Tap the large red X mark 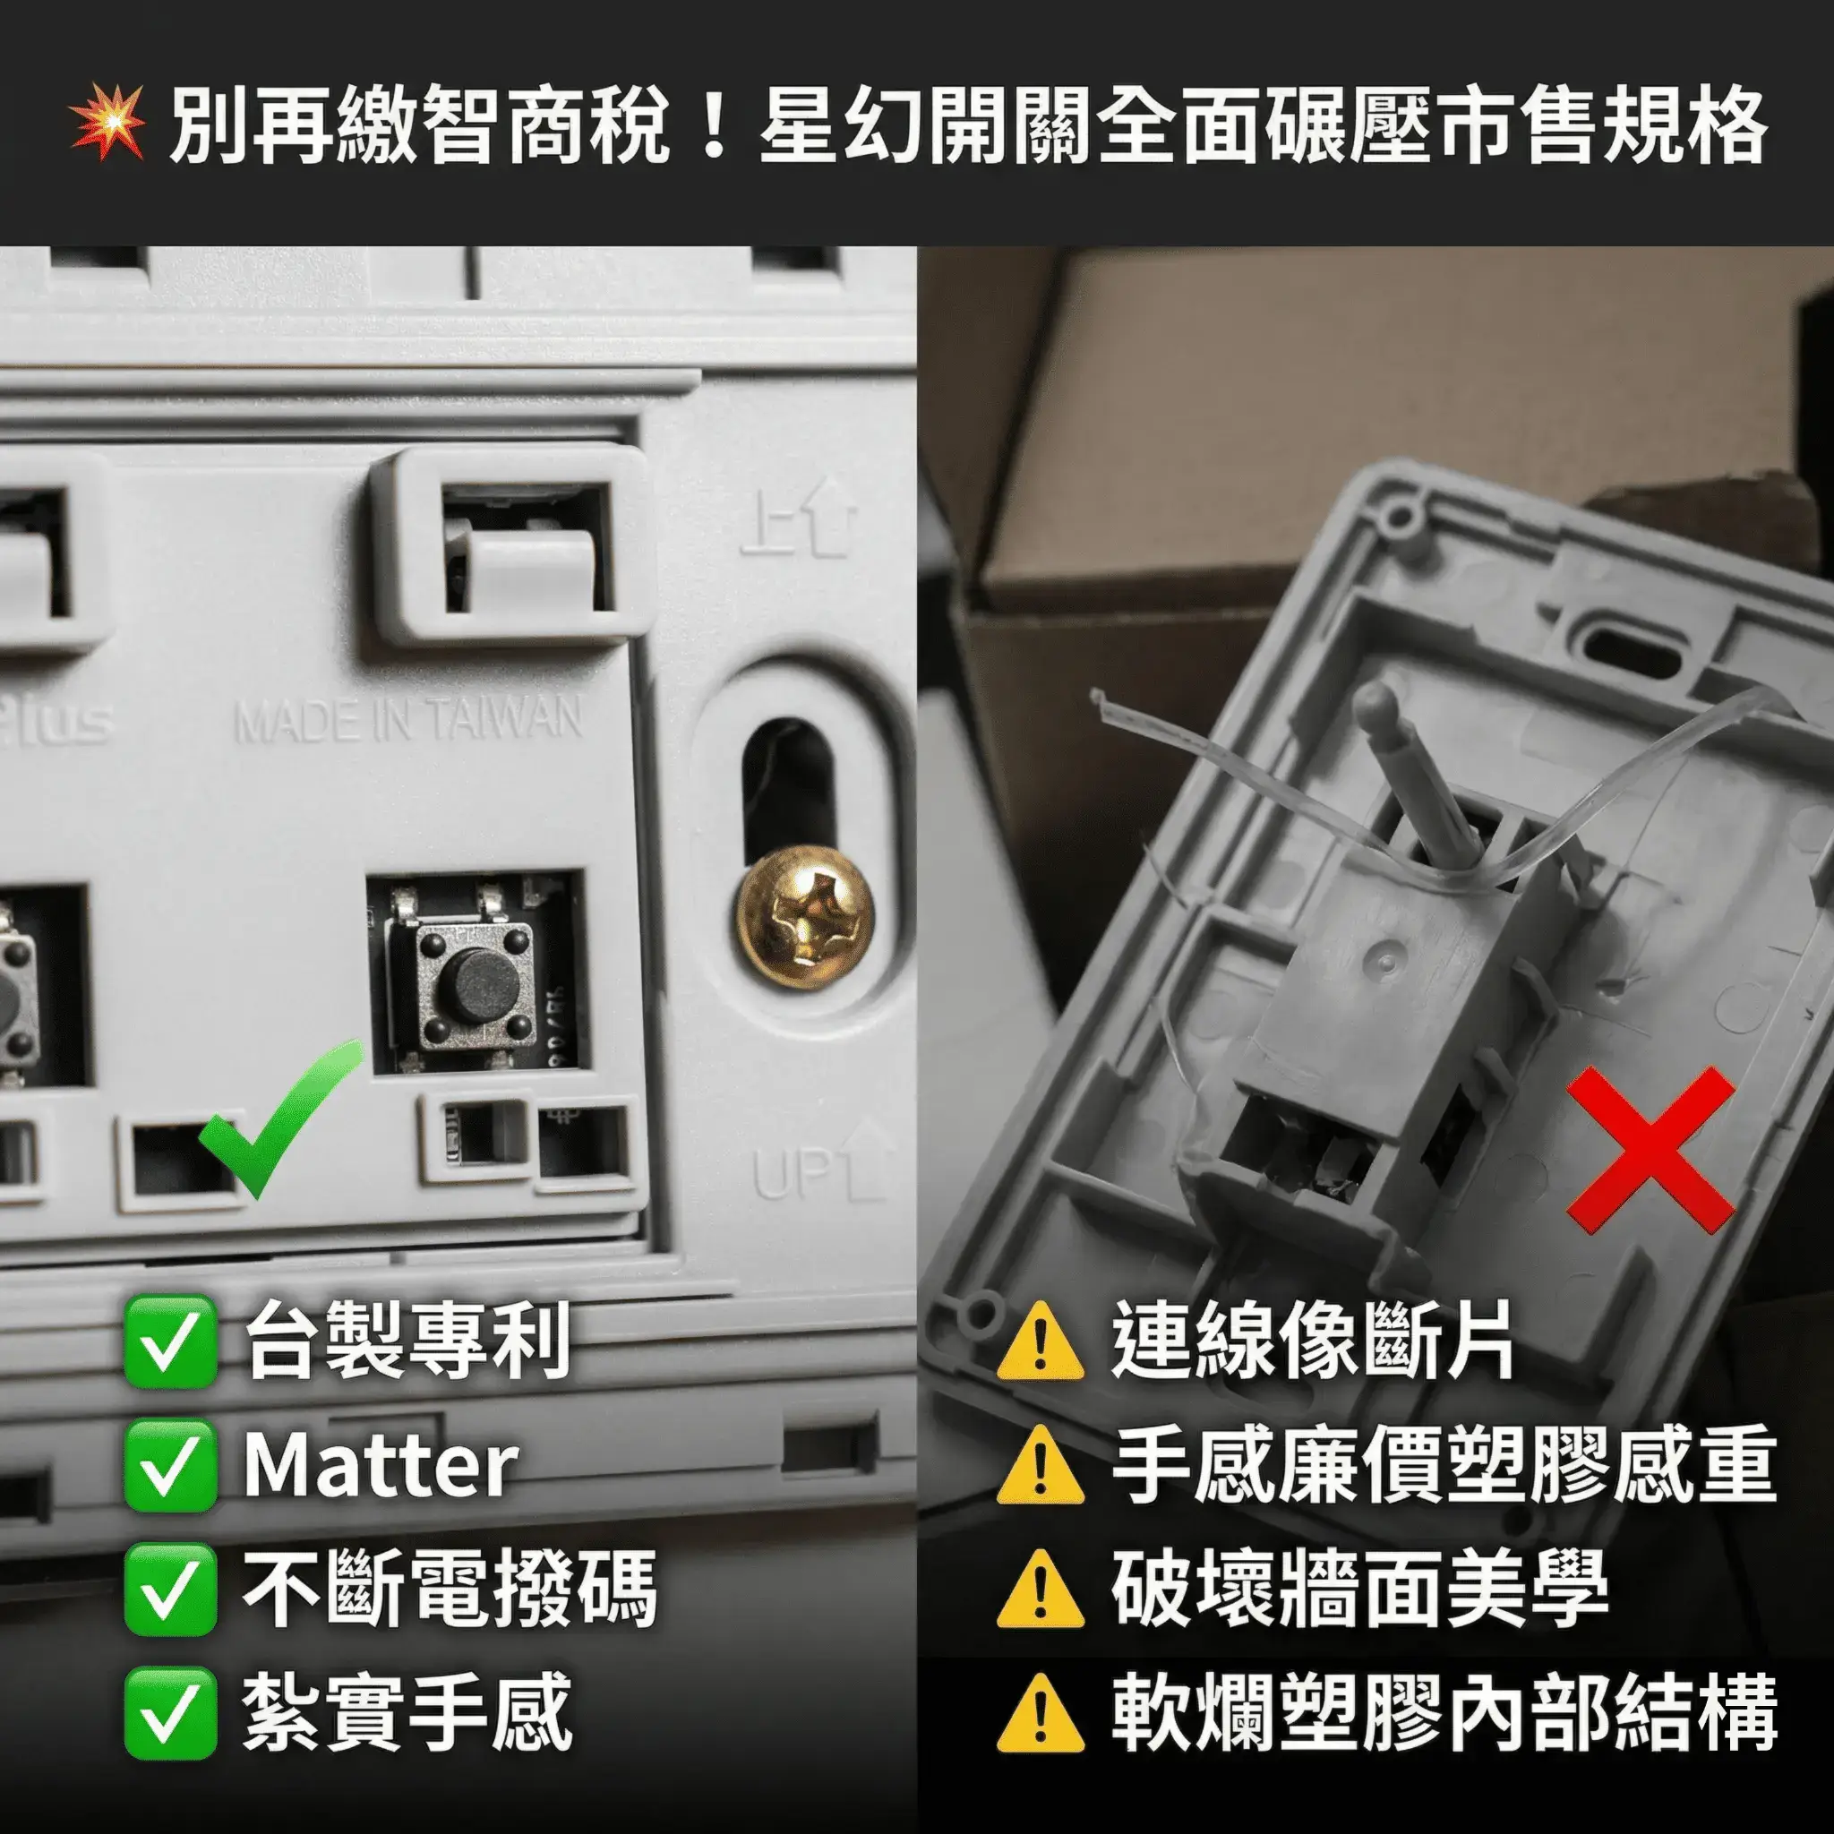click(x=1650, y=1150)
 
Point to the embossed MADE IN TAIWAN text click(x=408, y=721)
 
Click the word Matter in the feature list click(x=380, y=1466)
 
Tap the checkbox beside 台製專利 click(x=170, y=1342)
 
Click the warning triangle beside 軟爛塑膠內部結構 click(x=1041, y=1715)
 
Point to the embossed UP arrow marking click(x=822, y=1164)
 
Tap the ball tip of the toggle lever click(x=1375, y=703)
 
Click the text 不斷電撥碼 click(x=449, y=1590)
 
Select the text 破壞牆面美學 click(x=1359, y=1590)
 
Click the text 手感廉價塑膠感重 click(x=1443, y=1466)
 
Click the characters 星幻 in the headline click(x=840, y=124)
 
